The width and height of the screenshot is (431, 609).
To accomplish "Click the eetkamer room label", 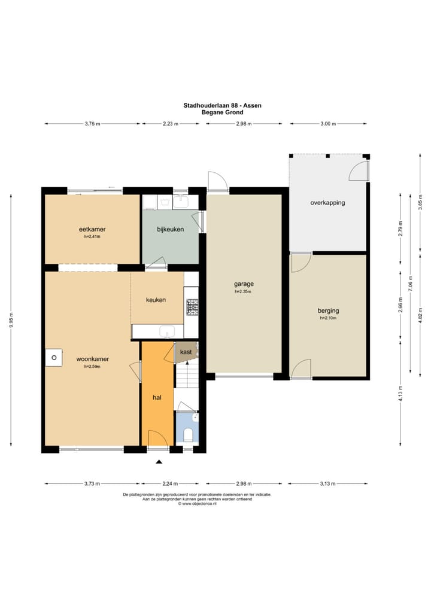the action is coord(92,229).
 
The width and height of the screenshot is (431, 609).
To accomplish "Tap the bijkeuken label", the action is coord(170,229).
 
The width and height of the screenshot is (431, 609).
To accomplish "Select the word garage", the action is coord(244,284).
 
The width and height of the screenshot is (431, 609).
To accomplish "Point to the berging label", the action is coord(328,310).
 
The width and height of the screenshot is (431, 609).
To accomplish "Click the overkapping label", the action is coord(327,203).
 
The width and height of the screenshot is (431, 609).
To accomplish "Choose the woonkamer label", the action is coord(93,359).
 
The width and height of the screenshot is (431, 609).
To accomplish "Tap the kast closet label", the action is coord(186,352).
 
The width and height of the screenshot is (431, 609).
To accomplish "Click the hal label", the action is coord(157,397).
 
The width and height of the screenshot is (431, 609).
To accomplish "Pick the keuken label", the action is coord(156,300).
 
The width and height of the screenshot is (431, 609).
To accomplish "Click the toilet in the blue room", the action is coord(188,434).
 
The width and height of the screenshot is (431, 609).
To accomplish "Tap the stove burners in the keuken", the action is coord(192,307).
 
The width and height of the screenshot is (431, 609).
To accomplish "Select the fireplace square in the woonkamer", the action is coord(54,358).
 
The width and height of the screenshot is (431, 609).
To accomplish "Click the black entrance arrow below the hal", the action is coord(159,462).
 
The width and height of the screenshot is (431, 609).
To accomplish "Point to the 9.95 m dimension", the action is coord(11,320).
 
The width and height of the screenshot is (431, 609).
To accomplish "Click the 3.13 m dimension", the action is coord(327,483).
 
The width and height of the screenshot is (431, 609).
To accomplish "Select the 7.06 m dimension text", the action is coord(411,283).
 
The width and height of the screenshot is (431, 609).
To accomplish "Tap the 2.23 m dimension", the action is coord(170,124).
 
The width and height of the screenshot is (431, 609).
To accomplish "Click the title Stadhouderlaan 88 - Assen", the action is coord(222,105).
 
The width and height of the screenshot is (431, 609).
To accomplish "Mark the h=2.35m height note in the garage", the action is coord(243,291).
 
